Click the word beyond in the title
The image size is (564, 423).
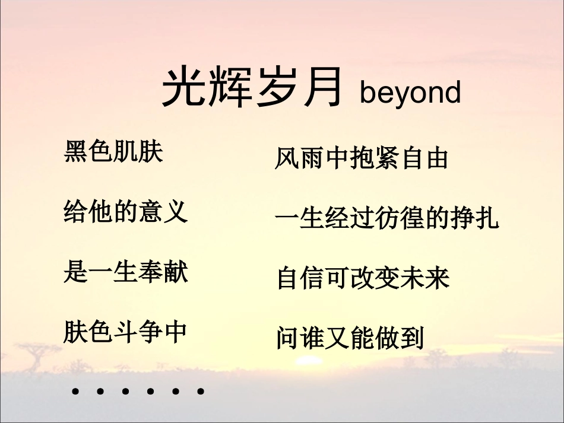(410, 93)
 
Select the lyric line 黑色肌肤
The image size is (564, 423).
(113, 152)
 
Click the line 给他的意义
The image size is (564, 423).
(125, 211)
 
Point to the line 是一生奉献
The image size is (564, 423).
(125, 272)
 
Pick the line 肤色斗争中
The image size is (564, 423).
(125, 332)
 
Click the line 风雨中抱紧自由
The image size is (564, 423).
(361, 158)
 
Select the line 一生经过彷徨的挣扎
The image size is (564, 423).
(387, 218)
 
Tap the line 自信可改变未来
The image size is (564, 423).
(363, 278)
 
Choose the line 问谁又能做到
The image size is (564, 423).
(350, 338)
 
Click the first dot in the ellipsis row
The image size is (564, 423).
(75, 392)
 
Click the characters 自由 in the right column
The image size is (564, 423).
(424, 158)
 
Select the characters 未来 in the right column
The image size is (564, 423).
(425, 278)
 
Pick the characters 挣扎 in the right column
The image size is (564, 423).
(475, 218)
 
